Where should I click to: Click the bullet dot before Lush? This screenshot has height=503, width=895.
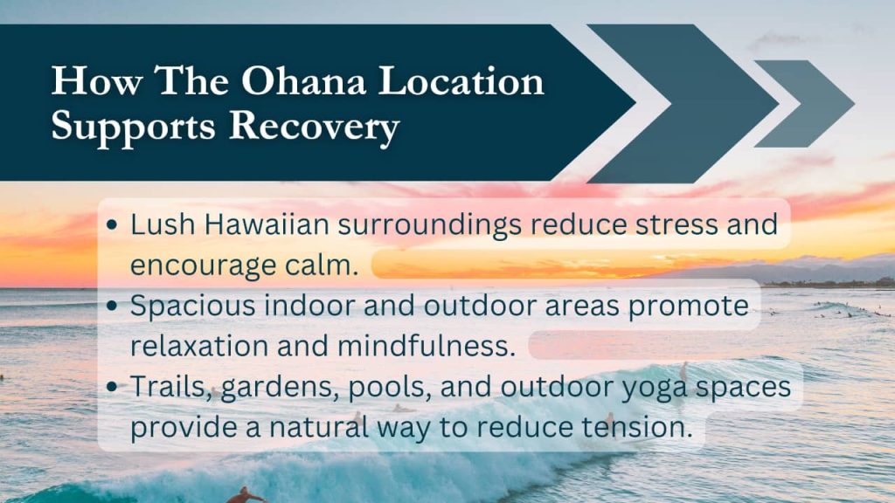pyautogui.click(x=112, y=225)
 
